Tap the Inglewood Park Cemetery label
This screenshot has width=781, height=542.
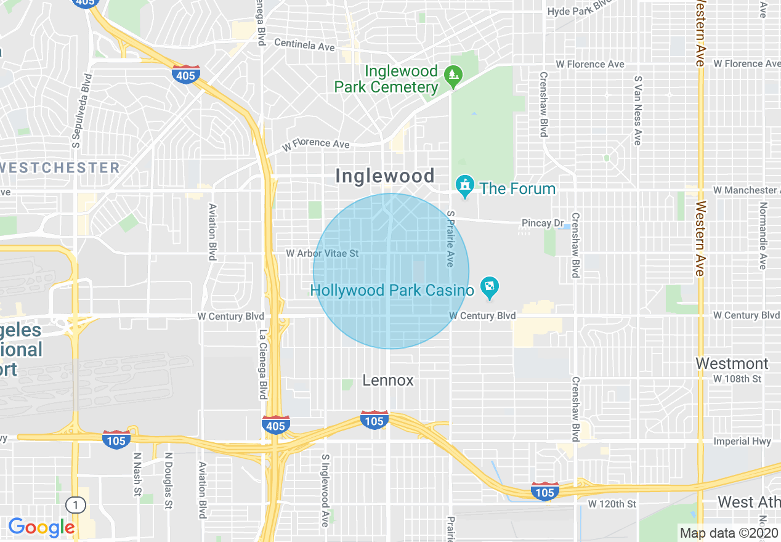(x=386, y=79)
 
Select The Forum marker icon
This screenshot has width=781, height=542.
(x=464, y=185)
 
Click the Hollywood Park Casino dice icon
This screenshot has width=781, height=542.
(x=490, y=287)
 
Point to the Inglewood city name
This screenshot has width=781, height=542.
(x=385, y=176)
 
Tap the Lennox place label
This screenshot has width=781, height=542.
(x=388, y=380)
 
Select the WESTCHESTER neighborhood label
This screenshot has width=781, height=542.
(x=60, y=168)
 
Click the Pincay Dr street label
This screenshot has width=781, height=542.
(x=543, y=223)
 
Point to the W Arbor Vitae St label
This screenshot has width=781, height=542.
(x=322, y=253)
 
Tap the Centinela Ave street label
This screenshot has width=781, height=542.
(x=304, y=45)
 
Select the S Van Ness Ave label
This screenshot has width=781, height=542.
(x=638, y=110)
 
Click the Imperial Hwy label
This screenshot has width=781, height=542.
(x=742, y=441)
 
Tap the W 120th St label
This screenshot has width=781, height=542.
(x=612, y=504)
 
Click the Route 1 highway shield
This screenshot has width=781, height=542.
(x=76, y=505)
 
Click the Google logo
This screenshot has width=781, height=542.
(x=41, y=527)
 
